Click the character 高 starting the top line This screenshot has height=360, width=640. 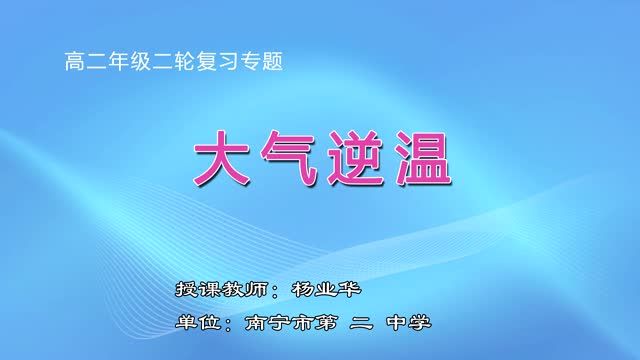point(72,61)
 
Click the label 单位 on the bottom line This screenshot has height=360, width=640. point(192,323)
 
